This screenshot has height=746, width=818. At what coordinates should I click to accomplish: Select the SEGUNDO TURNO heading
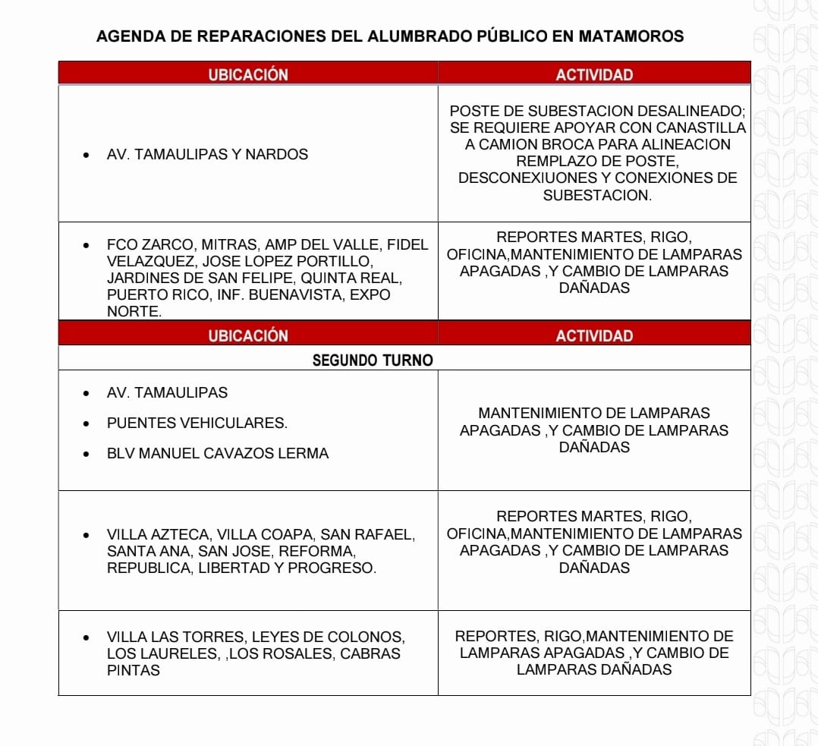click(373, 360)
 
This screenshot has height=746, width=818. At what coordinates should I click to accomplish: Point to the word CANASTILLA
click(703, 127)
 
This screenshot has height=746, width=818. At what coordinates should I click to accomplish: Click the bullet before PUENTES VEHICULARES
click(87, 423)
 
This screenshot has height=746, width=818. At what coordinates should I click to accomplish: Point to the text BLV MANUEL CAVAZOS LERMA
click(218, 454)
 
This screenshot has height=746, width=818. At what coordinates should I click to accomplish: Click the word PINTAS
click(134, 670)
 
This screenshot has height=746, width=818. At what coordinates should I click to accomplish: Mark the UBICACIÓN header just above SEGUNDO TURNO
click(248, 336)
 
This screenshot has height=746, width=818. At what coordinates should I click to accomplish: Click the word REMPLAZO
click(549, 161)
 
